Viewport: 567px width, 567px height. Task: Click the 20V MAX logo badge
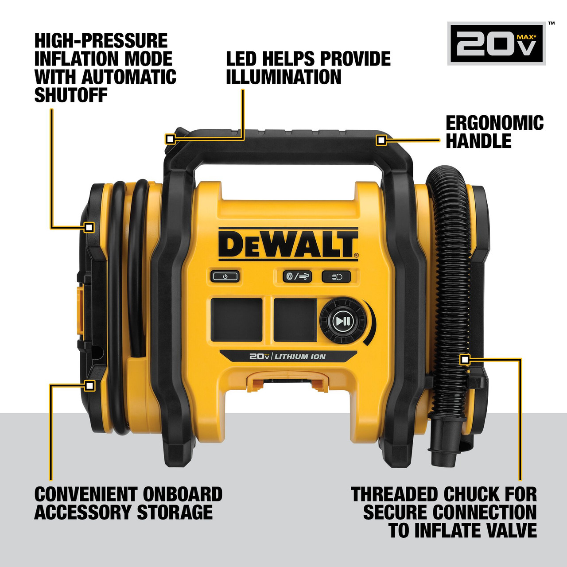[497, 43]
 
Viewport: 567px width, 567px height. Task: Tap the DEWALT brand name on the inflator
[288, 244]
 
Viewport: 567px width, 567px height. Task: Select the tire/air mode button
[297, 277]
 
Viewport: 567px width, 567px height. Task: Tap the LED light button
[336, 277]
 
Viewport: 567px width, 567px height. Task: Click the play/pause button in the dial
[342, 321]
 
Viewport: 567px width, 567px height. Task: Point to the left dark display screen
[237, 319]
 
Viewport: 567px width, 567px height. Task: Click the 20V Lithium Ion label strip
[288, 356]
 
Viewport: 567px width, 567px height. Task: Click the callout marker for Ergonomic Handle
[381, 140]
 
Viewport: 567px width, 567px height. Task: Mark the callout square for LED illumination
[170, 139]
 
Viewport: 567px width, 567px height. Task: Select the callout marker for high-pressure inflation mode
[89, 227]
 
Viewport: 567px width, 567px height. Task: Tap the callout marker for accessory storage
[89, 385]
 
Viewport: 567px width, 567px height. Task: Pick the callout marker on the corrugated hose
[464, 359]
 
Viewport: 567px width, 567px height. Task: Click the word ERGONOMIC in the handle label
[494, 123]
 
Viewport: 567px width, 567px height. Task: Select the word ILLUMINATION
[283, 77]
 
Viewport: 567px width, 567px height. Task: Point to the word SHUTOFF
[71, 95]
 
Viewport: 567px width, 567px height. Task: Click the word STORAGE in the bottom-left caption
[175, 513]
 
